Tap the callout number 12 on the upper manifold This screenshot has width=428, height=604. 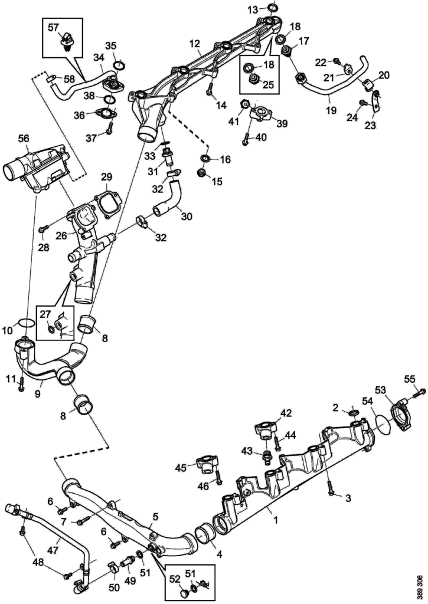point(195,44)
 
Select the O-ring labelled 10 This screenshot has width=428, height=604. point(25,323)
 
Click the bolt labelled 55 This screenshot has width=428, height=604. point(420,390)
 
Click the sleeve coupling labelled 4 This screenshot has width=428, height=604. point(203,534)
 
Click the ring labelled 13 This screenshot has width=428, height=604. point(272,7)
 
